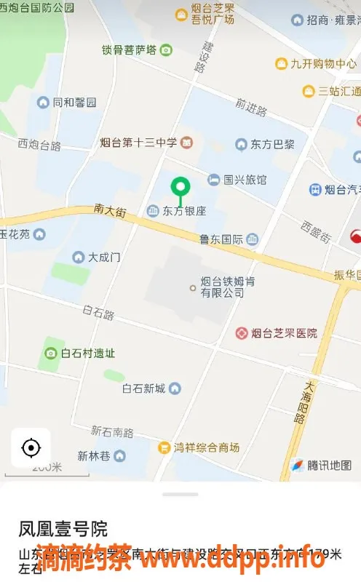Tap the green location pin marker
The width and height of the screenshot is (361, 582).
180,188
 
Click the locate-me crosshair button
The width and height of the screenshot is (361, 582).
31,447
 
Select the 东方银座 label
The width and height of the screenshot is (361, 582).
184,212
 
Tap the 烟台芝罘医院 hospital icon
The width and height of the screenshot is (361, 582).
242,333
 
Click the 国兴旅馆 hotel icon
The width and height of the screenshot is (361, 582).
214,179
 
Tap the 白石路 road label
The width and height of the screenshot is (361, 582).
99,314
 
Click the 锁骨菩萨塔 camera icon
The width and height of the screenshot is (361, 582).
167,50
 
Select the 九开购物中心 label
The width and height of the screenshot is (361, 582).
323,64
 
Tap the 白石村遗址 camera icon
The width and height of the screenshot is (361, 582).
51,354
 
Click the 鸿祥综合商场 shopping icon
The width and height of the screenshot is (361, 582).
164,447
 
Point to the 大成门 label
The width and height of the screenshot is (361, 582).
104,257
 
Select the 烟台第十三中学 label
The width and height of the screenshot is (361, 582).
139,141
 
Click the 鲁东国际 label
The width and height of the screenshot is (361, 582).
221,239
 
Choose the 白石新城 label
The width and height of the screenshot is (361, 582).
144,388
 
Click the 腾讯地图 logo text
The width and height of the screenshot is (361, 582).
329,466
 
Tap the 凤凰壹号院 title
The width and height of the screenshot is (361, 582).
63,527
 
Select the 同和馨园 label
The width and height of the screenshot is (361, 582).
74,103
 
